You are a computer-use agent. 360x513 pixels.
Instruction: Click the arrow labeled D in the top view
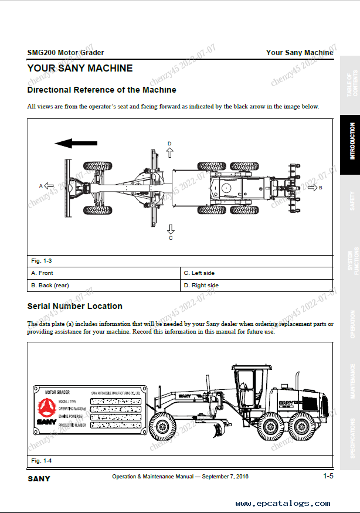(x=170, y=152)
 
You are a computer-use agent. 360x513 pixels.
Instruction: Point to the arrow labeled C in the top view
(x=171, y=229)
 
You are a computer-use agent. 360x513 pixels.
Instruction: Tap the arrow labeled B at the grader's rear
(x=311, y=187)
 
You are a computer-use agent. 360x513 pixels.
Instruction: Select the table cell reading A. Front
(x=104, y=273)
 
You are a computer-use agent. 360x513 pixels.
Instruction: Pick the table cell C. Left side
(x=257, y=273)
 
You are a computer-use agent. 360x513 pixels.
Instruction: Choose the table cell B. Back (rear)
(x=104, y=286)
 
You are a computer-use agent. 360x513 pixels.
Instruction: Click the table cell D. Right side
(x=257, y=286)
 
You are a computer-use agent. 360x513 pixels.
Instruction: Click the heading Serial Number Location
(x=74, y=306)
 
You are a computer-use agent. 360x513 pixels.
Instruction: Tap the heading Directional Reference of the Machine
(x=101, y=90)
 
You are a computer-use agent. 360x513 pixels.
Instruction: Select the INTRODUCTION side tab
(x=352, y=141)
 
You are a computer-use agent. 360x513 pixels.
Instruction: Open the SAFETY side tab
(x=352, y=201)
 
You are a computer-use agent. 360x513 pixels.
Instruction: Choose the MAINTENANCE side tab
(x=352, y=381)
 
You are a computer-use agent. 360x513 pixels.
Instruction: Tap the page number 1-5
(x=328, y=476)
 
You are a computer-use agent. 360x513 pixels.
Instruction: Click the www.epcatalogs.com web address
(x=283, y=503)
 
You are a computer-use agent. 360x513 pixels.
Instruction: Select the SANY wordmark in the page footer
(x=39, y=478)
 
